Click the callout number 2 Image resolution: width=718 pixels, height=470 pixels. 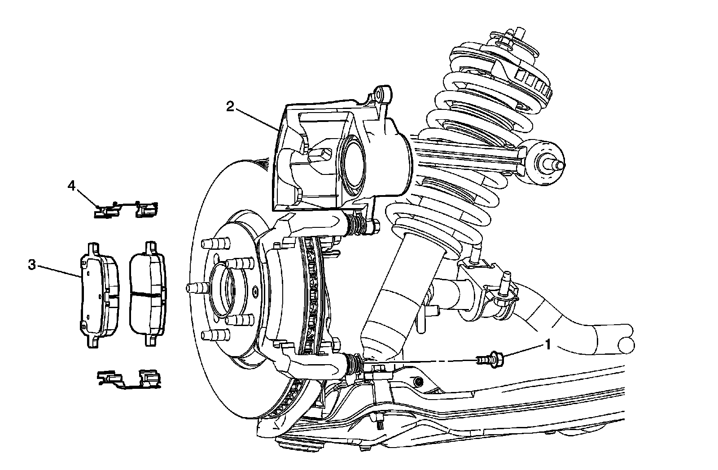230,107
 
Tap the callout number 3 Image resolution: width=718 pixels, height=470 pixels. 32,265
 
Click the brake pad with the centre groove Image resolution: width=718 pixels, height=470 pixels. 147,294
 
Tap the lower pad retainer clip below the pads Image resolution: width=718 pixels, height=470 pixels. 128,379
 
